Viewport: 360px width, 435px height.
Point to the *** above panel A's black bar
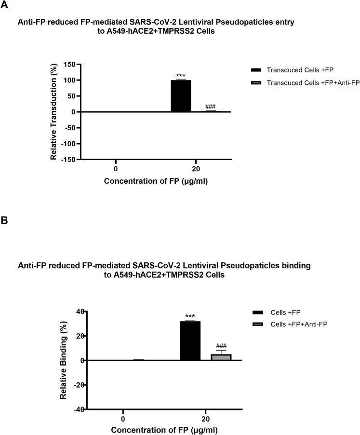point(181,76)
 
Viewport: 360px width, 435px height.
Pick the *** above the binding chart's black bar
point(190,317)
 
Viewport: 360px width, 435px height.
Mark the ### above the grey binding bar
point(221,346)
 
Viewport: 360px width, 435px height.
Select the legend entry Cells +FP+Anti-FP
point(299,324)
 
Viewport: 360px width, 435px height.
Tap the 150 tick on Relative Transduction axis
point(71,64)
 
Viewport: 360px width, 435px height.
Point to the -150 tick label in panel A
point(69,160)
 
